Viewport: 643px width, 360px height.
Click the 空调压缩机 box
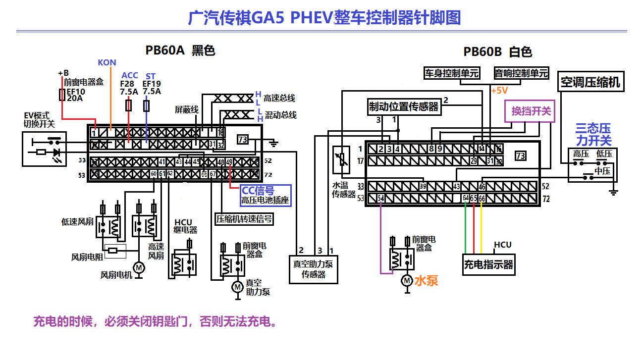tap(589, 82)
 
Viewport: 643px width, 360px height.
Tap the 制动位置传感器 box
tap(403, 106)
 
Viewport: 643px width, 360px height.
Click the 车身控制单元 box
tap(452, 73)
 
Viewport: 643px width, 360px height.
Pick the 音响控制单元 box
tap(521, 73)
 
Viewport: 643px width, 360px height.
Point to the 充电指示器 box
tap(488, 264)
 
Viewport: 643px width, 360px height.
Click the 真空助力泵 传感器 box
tap(314, 269)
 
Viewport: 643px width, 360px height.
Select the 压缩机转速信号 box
tap(244, 218)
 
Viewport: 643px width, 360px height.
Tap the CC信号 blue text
tap(258, 191)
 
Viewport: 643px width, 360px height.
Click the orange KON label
tap(107, 62)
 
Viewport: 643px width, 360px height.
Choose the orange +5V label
tap(500, 91)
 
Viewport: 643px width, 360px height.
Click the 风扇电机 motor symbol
tap(139, 268)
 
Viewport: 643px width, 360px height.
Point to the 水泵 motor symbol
tap(407, 281)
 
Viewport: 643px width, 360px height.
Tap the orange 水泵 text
tap(426, 281)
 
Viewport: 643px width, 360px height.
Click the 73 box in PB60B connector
tap(520, 156)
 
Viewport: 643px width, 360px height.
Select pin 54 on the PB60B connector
tap(380, 198)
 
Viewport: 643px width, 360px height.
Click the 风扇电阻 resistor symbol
tap(113, 251)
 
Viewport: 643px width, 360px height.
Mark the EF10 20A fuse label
tap(75, 95)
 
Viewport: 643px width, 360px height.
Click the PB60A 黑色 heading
tap(180, 51)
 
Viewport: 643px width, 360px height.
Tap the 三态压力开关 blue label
tap(593, 134)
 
